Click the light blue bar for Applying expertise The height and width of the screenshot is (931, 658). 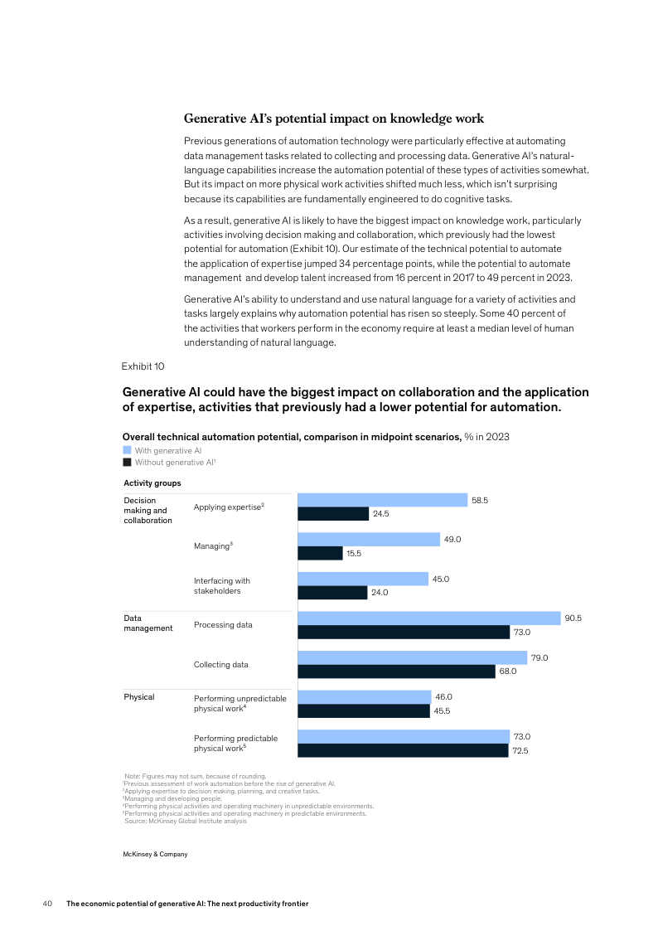pyautogui.click(x=382, y=500)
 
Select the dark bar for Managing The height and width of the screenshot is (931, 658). pyautogui.click(x=320, y=553)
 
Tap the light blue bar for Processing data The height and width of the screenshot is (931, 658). pyautogui.click(x=428, y=618)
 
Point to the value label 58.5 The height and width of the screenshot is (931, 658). pyautogui.click(x=480, y=500)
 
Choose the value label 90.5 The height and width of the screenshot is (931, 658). pyautogui.click(x=573, y=618)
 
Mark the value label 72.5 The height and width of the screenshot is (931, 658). pyautogui.click(x=520, y=750)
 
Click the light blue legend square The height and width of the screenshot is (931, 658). pyautogui.click(x=127, y=450)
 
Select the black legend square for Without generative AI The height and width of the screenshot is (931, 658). pyautogui.click(x=127, y=462)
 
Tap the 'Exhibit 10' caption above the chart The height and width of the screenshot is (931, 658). pyautogui.click(x=143, y=366)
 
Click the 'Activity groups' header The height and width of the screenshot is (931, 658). pyautogui.click(x=152, y=482)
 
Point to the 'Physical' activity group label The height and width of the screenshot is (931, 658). pyautogui.click(x=139, y=696)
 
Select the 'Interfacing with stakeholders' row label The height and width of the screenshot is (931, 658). pyautogui.click(x=222, y=586)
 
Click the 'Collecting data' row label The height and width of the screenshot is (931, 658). pyautogui.click(x=221, y=665)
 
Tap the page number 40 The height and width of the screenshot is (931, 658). pyautogui.click(x=48, y=904)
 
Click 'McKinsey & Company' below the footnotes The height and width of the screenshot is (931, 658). pyautogui.click(x=156, y=854)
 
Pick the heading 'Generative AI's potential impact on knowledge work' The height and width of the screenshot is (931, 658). pyautogui.click(x=334, y=119)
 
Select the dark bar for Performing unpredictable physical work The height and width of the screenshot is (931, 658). pyautogui.click(x=363, y=710)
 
